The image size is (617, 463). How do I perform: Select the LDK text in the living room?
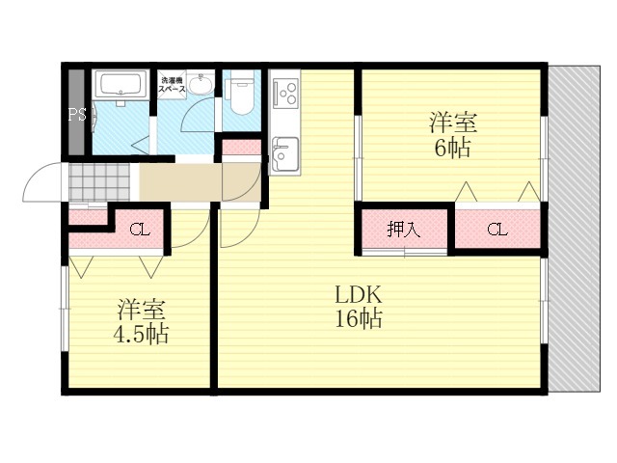358,294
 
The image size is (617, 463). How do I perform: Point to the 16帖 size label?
358,320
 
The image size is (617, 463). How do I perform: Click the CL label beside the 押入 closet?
496,230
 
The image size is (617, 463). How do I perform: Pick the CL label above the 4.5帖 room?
139,230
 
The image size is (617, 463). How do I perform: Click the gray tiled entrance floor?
101,180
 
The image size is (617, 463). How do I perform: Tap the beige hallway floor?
183,180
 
